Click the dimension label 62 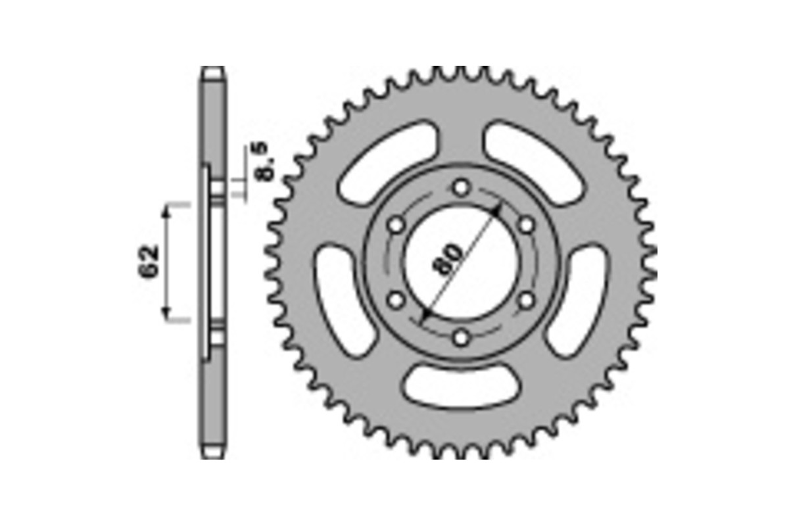(151, 262)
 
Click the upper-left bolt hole (396, 226)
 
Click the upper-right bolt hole (526, 226)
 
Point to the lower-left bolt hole (396, 301)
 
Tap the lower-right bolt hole (526, 301)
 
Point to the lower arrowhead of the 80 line (425, 316)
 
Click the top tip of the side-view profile (212, 69)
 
